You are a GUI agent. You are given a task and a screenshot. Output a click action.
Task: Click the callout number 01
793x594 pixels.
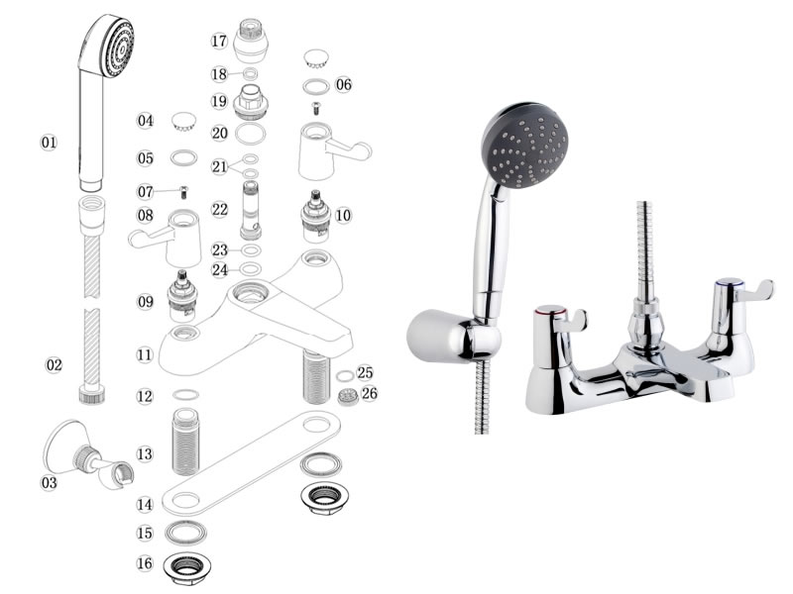click(x=49, y=143)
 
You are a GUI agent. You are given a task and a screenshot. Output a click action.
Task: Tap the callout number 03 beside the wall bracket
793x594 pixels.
click(x=49, y=483)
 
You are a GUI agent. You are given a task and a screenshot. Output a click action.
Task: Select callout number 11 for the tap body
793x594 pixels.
click(x=145, y=354)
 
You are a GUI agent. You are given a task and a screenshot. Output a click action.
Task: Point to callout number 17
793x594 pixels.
click(x=219, y=41)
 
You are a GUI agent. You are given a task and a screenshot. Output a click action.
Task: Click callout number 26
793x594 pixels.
click(x=369, y=393)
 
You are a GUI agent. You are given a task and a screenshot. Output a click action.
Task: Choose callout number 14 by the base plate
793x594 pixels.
click(x=145, y=504)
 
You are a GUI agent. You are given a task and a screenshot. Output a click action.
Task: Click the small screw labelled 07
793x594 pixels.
click(x=184, y=192)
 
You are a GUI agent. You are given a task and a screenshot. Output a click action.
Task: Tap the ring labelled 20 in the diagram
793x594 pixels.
click(x=251, y=134)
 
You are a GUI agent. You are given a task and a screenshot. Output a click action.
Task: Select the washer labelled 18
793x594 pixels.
click(x=250, y=73)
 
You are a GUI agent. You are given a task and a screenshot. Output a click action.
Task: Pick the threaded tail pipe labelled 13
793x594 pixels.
click(x=185, y=443)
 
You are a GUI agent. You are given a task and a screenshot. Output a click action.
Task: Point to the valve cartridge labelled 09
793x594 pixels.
click(x=182, y=296)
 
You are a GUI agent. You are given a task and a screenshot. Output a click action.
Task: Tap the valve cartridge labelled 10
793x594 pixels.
click(x=316, y=216)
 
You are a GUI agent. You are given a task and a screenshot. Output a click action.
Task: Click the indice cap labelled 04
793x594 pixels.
click(x=183, y=122)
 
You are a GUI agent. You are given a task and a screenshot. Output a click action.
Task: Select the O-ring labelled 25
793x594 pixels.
click(x=345, y=376)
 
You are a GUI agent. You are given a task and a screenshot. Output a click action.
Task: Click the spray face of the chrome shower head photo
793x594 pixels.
click(x=526, y=146)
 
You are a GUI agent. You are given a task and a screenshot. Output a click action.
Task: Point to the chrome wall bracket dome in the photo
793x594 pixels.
click(x=437, y=336)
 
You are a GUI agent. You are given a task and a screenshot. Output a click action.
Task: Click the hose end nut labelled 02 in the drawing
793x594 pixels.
click(x=92, y=394)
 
